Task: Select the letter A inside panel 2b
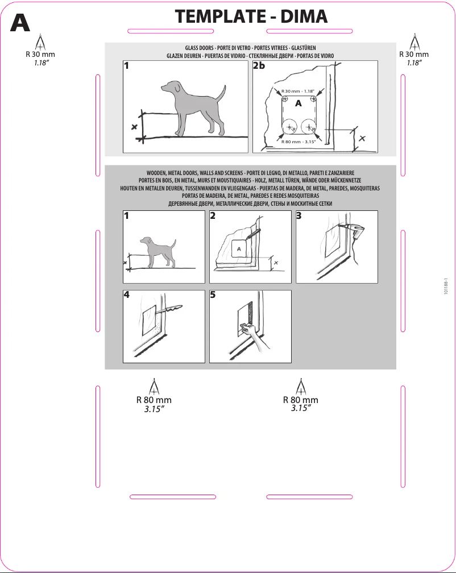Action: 299,104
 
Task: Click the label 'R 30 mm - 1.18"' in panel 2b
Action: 298,91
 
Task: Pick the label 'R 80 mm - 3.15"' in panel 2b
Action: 298,142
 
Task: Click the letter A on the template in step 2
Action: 239,249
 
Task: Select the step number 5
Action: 213,295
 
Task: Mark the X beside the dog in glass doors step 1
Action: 134,126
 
